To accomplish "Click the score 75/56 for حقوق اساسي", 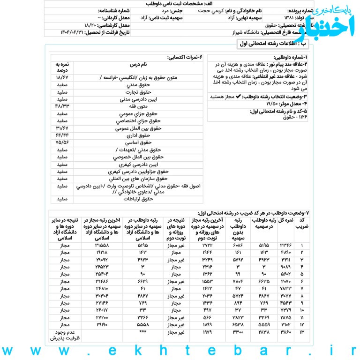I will pyautogui.click(x=62, y=142).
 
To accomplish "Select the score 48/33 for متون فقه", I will pyautogui.click(x=62, y=106).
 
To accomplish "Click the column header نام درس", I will pyautogui.click(x=138, y=65).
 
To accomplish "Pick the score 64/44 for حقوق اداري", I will pyautogui.click(x=62, y=135).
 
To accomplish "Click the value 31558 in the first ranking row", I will pyautogui.click(x=102, y=245).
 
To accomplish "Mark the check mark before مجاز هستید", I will pyautogui.click(x=239, y=96).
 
